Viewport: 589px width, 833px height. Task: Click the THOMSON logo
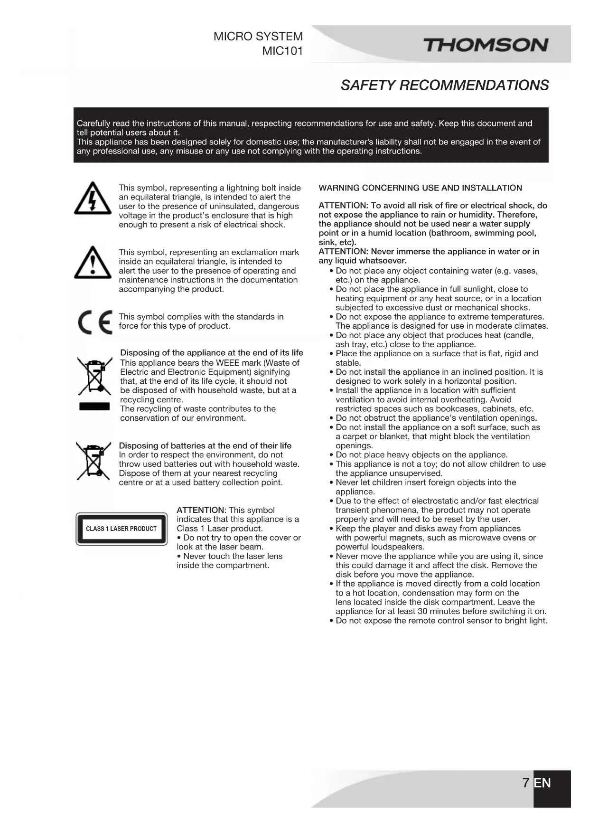pyautogui.click(x=485, y=46)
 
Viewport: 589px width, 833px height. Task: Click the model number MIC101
pyautogui.click(x=282, y=51)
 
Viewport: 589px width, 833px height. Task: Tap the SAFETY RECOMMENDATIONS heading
pyautogui.click(x=444, y=85)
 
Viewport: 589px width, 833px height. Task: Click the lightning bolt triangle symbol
pyautogui.click(x=93, y=199)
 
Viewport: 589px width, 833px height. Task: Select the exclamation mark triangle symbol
pyautogui.click(x=93, y=263)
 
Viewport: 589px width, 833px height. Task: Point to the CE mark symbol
pyautogui.click(x=95, y=322)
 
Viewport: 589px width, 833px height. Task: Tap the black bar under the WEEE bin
pyautogui.click(x=94, y=406)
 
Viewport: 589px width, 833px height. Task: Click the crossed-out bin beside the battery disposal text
pyautogui.click(x=93, y=461)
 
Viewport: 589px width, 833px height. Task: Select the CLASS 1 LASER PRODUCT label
pyautogui.click(x=121, y=529)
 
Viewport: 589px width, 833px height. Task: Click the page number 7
pyautogui.click(x=525, y=783)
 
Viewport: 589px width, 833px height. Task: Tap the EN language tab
pyautogui.click(x=542, y=783)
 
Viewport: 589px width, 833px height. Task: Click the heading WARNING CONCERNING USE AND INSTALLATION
pyautogui.click(x=420, y=188)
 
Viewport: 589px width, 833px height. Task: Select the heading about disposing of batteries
pyautogui.click(x=205, y=445)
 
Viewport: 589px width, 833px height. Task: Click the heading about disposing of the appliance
pyautogui.click(x=212, y=353)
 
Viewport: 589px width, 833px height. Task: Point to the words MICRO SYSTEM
pyautogui.click(x=258, y=37)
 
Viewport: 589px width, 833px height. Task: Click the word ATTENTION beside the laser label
pyautogui.click(x=200, y=510)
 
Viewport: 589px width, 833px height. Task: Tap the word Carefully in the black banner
pyautogui.click(x=93, y=123)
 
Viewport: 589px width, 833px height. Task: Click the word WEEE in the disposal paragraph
pyautogui.click(x=228, y=363)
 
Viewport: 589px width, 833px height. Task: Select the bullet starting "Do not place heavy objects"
pyautogui.click(x=421, y=454)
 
